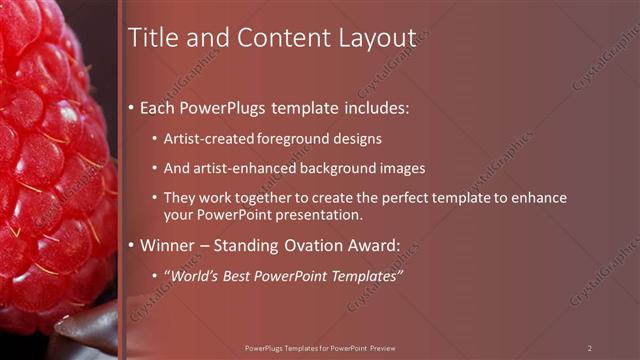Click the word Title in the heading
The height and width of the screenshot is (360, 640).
(x=155, y=38)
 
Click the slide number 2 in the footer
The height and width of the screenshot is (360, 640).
(x=590, y=347)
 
